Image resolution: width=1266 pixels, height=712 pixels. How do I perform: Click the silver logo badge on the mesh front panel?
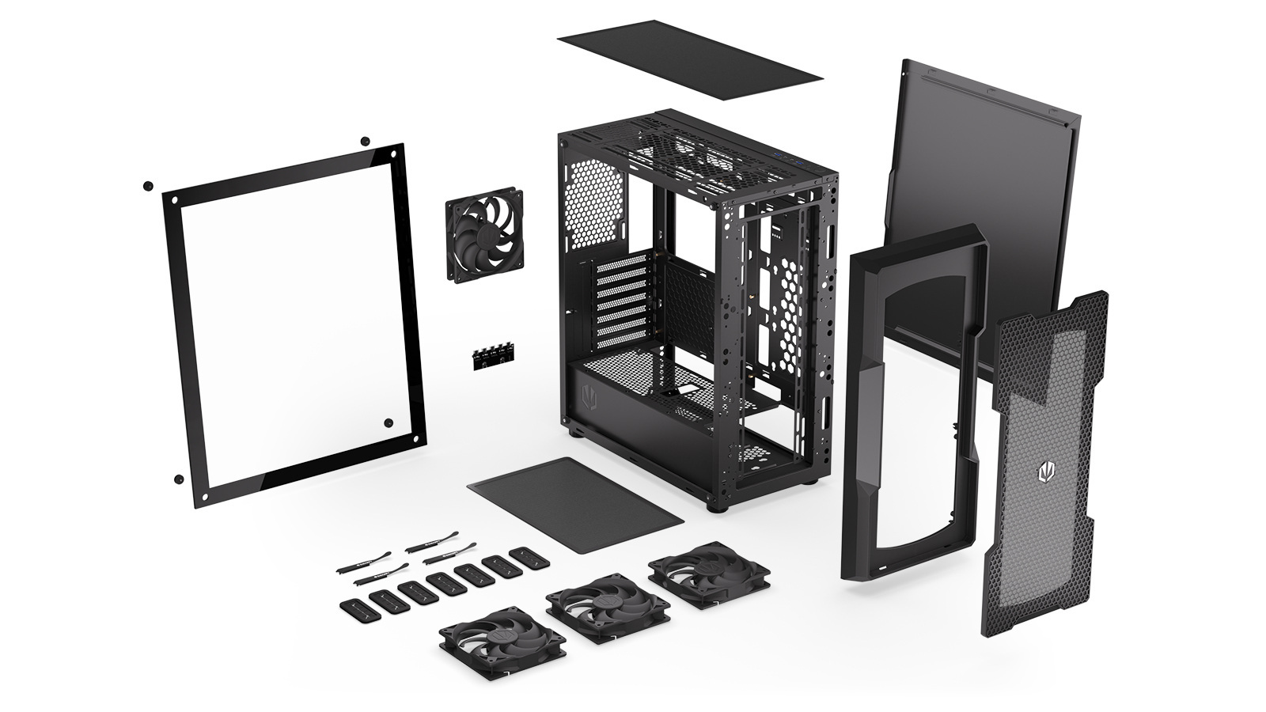point(1048,469)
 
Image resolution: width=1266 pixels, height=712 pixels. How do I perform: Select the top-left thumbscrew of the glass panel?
point(147,186)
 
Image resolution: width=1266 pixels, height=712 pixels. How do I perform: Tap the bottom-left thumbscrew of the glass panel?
point(179,479)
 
